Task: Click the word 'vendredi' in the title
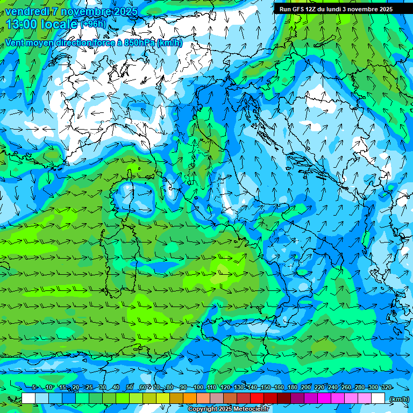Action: click(x=25, y=11)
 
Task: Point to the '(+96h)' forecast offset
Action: click(x=94, y=24)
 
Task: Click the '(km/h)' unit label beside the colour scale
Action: click(x=398, y=398)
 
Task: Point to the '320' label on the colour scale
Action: click(x=386, y=387)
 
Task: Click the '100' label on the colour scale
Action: click(x=198, y=387)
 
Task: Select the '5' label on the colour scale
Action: click(x=34, y=387)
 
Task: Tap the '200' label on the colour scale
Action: click(x=305, y=387)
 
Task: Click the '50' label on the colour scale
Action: click(x=130, y=387)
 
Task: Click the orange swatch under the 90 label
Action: click(x=190, y=398)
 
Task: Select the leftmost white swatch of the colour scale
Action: click(x=29, y=398)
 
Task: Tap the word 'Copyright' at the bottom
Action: click(x=203, y=409)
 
